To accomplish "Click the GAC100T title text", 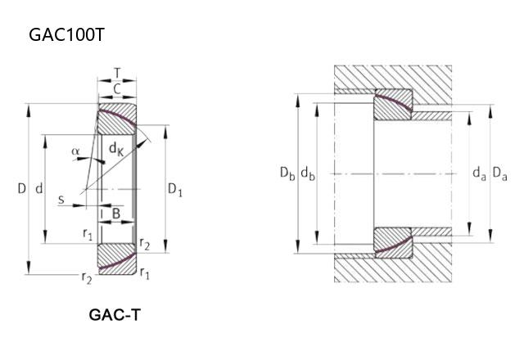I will (66, 35).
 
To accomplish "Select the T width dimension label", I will (118, 72).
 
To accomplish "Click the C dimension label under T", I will (117, 88).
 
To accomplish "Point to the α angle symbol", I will (75, 151).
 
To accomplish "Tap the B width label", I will (116, 214).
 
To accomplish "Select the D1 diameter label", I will (175, 190).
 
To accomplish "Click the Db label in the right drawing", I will (287, 173).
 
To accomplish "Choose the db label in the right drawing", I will (308, 173).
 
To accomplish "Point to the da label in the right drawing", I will (479, 173).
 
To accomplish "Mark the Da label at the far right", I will (499, 173).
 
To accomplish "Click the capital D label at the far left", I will (22, 189).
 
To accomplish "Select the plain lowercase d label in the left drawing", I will (40, 189).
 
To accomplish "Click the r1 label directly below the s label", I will (88, 234).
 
